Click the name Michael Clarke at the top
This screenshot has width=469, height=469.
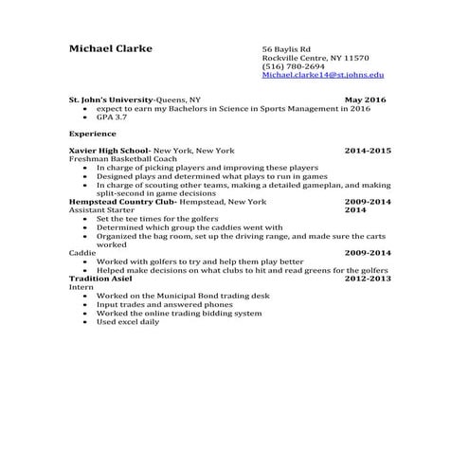point(110,48)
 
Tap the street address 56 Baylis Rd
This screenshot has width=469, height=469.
point(287,48)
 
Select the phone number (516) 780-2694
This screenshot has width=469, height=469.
point(293,65)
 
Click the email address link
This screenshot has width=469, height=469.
point(323,74)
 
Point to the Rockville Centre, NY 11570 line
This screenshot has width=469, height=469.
point(316,57)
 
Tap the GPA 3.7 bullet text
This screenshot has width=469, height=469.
point(111,117)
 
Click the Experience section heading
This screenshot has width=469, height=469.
point(92,134)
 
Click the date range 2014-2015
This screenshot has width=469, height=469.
point(368,151)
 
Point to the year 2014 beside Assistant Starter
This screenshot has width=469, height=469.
point(355,210)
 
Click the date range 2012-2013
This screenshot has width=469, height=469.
point(368,279)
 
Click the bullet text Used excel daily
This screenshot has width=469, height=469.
point(128,321)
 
